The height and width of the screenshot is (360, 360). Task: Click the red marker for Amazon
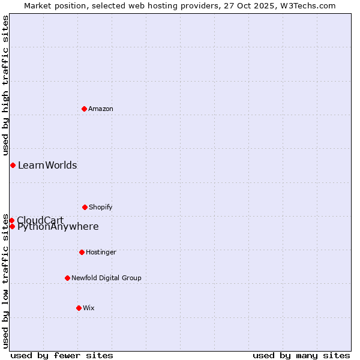pos(84,109)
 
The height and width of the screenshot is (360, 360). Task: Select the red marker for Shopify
pos(85,207)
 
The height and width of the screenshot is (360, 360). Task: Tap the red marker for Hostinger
pos(82,252)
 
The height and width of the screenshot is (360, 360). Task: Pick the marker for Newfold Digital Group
pos(67,278)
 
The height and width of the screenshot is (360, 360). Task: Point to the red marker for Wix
pos(79,308)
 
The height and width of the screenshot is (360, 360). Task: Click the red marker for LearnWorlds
pos(13,165)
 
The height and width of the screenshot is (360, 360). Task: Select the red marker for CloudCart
pos(11,220)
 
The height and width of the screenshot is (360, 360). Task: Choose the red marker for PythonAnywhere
pos(12,226)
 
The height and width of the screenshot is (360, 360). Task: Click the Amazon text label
pos(101,109)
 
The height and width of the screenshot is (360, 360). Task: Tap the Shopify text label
pos(101,207)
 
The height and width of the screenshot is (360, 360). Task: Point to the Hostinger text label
pos(101,252)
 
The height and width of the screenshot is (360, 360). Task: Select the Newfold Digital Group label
pos(106,278)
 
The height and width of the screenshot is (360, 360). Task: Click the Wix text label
pos(89,308)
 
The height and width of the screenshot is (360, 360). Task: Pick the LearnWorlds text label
pos(47,165)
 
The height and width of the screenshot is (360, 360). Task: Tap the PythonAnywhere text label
pos(58,227)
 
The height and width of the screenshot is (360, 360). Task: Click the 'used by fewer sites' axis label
pos(62,355)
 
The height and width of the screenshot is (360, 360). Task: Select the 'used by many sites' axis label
pos(301,355)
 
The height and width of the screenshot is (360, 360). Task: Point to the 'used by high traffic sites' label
pos(5,85)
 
